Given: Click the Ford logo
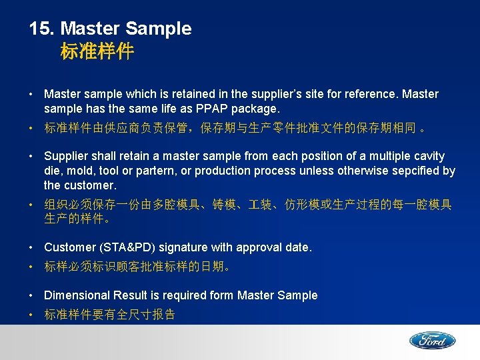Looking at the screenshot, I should coord(432,340).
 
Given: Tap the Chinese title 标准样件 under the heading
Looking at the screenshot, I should coord(97,52).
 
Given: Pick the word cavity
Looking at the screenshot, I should coord(428,156).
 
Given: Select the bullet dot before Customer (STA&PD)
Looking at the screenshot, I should coord(32,247).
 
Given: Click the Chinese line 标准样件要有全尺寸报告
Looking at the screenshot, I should coord(109,315).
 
